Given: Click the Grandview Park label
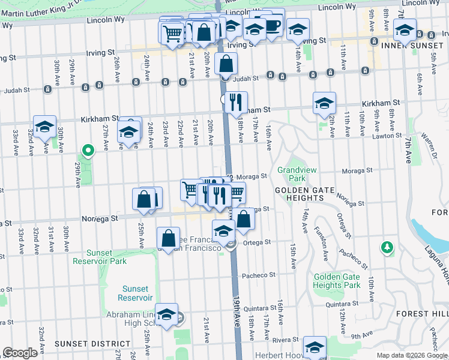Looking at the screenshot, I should [x=292, y=174].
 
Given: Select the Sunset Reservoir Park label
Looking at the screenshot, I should [x=100, y=257].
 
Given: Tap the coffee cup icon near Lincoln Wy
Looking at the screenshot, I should [x=273, y=25].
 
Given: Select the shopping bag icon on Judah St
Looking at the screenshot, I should [x=226, y=63].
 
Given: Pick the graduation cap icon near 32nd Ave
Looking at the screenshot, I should [x=44, y=126].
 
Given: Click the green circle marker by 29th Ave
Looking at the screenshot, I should [x=88, y=151].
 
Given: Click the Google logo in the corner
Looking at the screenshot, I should [x=20, y=353].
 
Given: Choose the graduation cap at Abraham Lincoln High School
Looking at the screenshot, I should [x=167, y=314].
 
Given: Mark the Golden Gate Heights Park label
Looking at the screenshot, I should [x=336, y=281].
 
